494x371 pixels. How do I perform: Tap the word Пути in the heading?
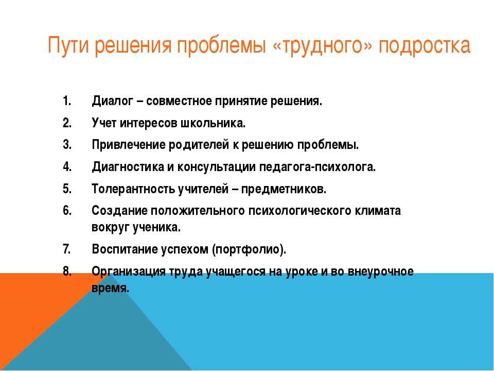[x=68, y=45]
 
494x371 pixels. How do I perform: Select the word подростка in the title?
[x=425, y=46]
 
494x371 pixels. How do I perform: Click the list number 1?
[x=67, y=102]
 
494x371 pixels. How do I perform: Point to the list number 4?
[x=67, y=166]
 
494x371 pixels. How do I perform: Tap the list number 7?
[x=67, y=249]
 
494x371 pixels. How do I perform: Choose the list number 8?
[x=67, y=271]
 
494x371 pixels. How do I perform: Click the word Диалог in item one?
[x=113, y=102]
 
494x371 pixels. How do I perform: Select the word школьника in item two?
[x=213, y=123]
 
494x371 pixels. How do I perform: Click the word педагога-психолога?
[x=317, y=167]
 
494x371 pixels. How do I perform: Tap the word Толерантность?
[x=133, y=189]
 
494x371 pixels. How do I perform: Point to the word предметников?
[x=284, y=189]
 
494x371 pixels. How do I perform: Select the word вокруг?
[x=110, y=227]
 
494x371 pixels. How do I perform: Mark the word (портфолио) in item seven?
[x=249, y=249]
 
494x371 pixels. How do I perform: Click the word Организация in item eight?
[x=129, y=272]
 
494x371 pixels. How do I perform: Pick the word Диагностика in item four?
[x=128, y=167]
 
